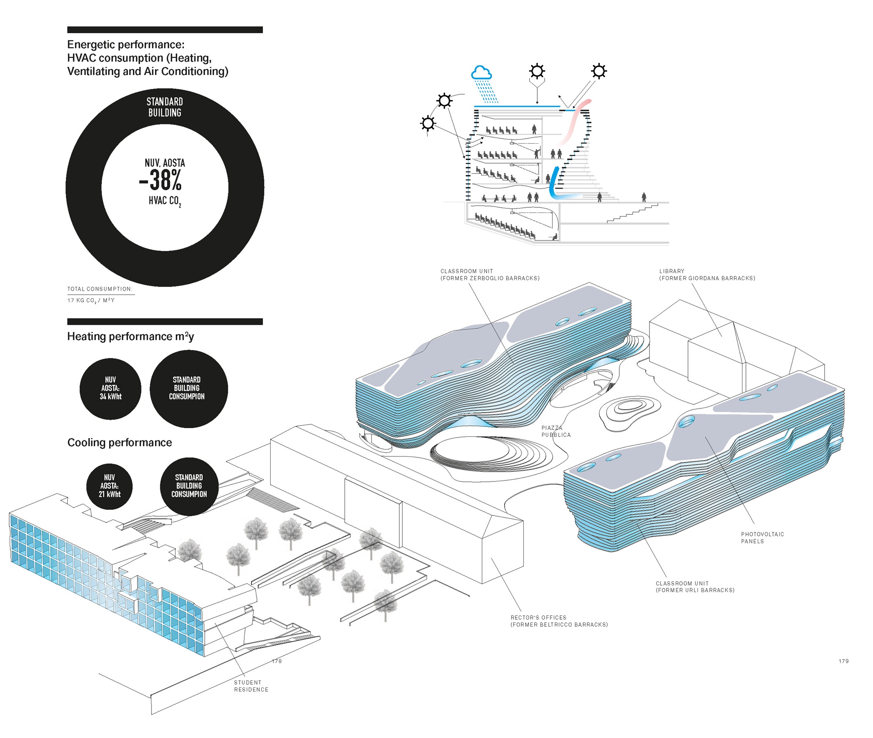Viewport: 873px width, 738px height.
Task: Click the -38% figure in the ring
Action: (x=161, y=180)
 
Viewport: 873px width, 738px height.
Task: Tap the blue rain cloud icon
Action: (x=481, y=73)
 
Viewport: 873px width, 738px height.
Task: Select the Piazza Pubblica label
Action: (x=556, y=431)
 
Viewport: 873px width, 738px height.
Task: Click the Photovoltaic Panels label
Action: (x=762, y=537)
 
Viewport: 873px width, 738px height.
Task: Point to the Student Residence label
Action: (x=251, y=686)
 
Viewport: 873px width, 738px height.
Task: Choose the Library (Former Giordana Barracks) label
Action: (x=707, y=275)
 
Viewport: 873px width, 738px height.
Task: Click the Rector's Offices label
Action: (x=559, y=621)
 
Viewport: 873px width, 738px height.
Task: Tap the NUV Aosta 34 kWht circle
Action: (x=110, y=388)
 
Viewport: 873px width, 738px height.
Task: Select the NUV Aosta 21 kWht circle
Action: (x=110, y=486)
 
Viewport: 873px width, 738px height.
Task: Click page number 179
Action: (x=843, y=661)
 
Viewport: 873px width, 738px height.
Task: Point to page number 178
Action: (x=277, y=661)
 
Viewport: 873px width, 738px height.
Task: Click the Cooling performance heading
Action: (x=120, y=443)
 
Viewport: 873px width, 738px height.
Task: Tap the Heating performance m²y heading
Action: (x=131, y=336)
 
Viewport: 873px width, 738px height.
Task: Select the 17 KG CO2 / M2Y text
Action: (x=91, y=300)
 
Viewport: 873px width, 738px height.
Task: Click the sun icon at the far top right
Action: (x=599, y=71)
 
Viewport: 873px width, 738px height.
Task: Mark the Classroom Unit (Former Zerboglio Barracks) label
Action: (x=490, y=275)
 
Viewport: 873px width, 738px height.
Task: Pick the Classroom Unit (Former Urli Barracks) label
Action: (x=695, y=587)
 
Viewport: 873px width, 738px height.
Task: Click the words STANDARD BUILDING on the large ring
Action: (x=165, y=107)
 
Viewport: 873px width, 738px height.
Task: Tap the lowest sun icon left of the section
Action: (x=428, y=124)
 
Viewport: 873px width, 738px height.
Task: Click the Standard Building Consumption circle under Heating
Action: (x=189, y=388)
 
